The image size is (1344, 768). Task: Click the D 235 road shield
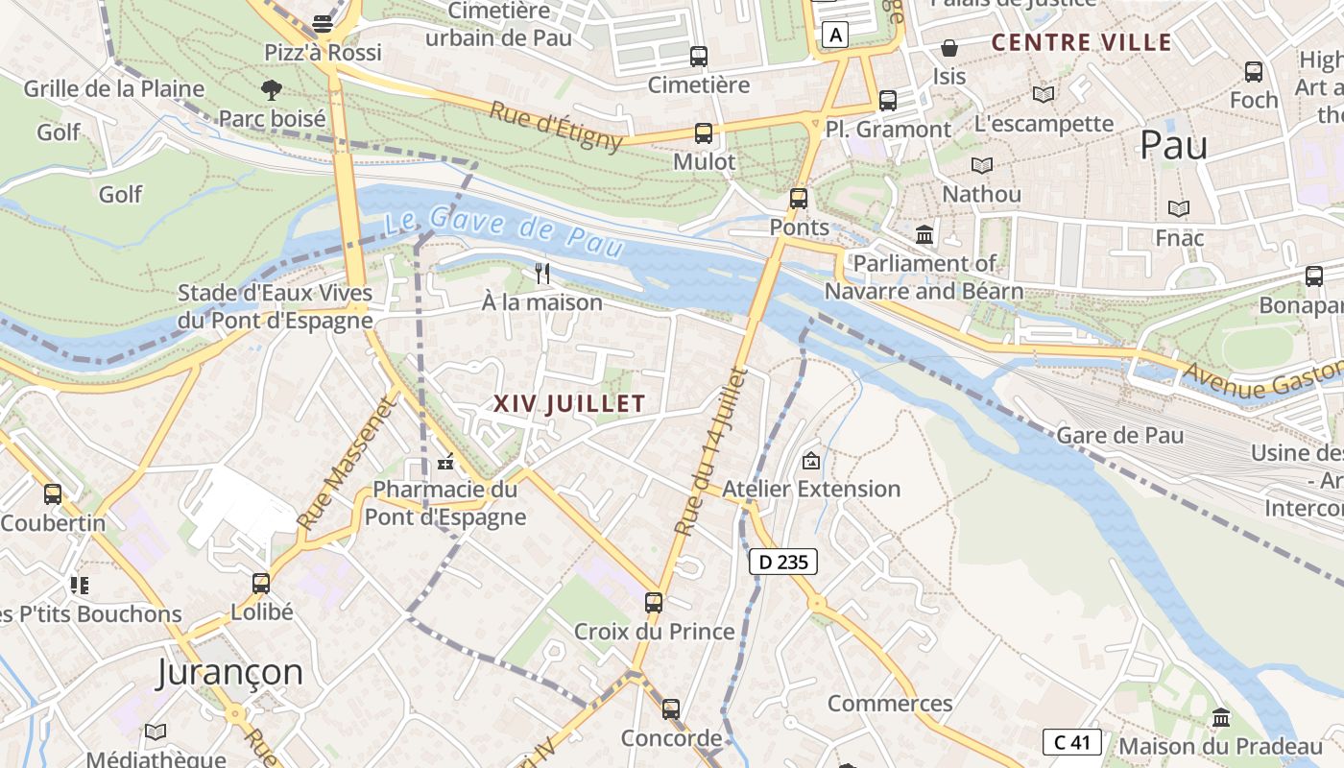point(782,562)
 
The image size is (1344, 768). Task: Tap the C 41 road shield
point(1071,742)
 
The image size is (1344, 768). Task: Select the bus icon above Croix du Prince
point(654,603)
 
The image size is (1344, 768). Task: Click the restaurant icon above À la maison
point(542,274)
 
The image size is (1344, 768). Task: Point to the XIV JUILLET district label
point(569,404)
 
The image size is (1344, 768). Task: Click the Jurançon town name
point(229,671)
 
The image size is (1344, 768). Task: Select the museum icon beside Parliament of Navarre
point(924,234)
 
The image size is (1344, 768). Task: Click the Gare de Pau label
point(1119,435)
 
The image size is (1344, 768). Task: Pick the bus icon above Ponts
point(798,199)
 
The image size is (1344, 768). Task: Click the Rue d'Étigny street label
point(556,125)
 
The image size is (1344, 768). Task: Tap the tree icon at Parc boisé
point(272,90)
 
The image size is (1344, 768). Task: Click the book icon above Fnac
point(1178,208)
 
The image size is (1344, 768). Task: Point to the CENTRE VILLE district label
point(1081,42)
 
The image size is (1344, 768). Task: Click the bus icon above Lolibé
point(260,583)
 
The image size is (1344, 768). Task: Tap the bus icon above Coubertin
point(53,494)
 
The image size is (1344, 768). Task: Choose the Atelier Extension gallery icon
point(811,461)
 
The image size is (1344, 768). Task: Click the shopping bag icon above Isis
point(949,48)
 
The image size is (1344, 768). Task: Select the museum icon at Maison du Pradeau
point(1220,717)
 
